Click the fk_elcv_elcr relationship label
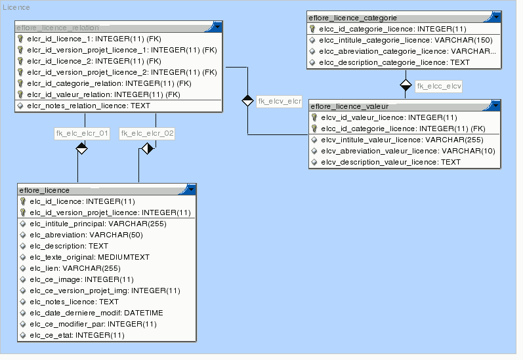click(x=279, y=101)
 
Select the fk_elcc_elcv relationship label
click(x=439, y=86)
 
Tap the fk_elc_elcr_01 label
click(x=81, y=134)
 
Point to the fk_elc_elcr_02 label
click(x=147, y=134)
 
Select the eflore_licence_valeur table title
click(x=350, y=106)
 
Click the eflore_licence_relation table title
click(x=58, y=28)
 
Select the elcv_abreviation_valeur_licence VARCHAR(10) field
click(x=408, y=151)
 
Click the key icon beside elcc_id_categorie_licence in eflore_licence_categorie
click(x=313, y=29)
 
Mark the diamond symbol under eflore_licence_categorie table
click(x=406, y=85)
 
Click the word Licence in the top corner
click(x=16, y=7)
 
